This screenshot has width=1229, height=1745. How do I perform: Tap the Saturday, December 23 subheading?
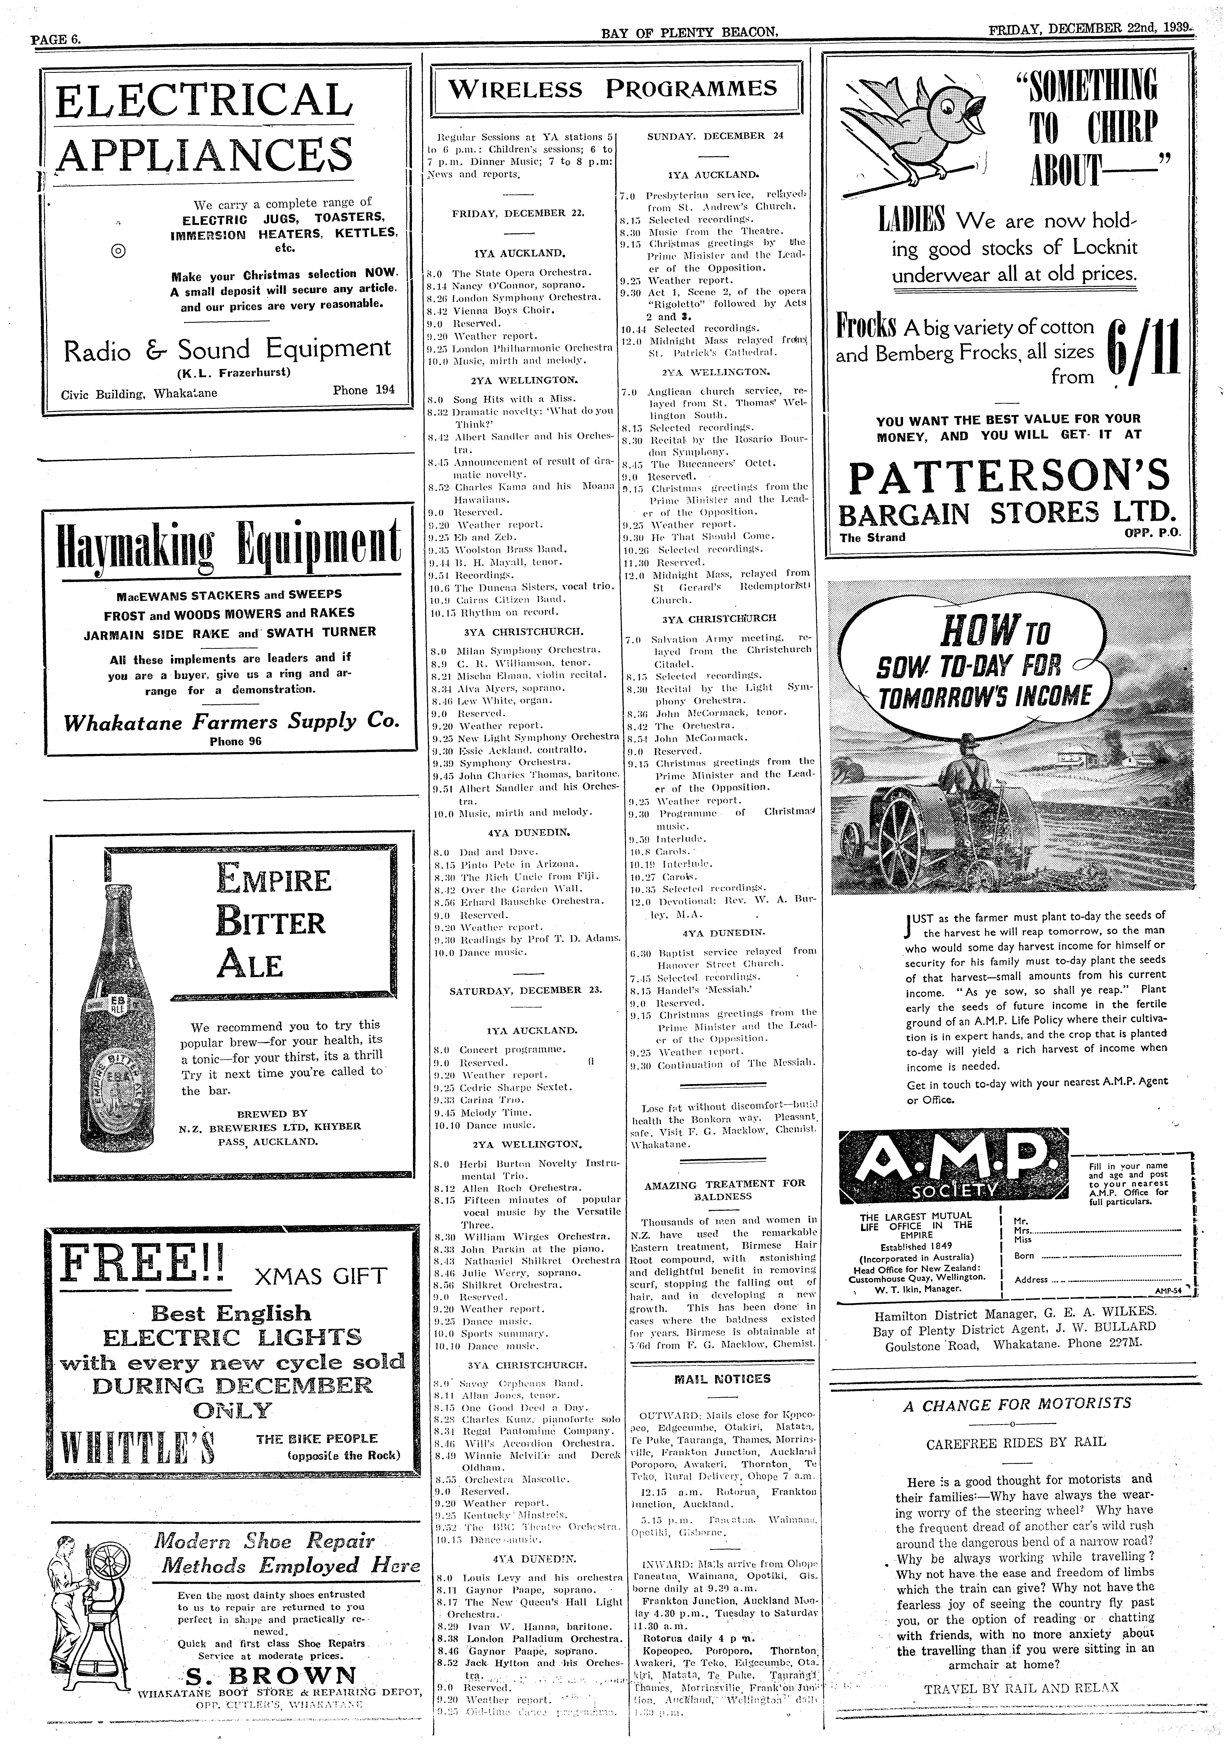[525, 990]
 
